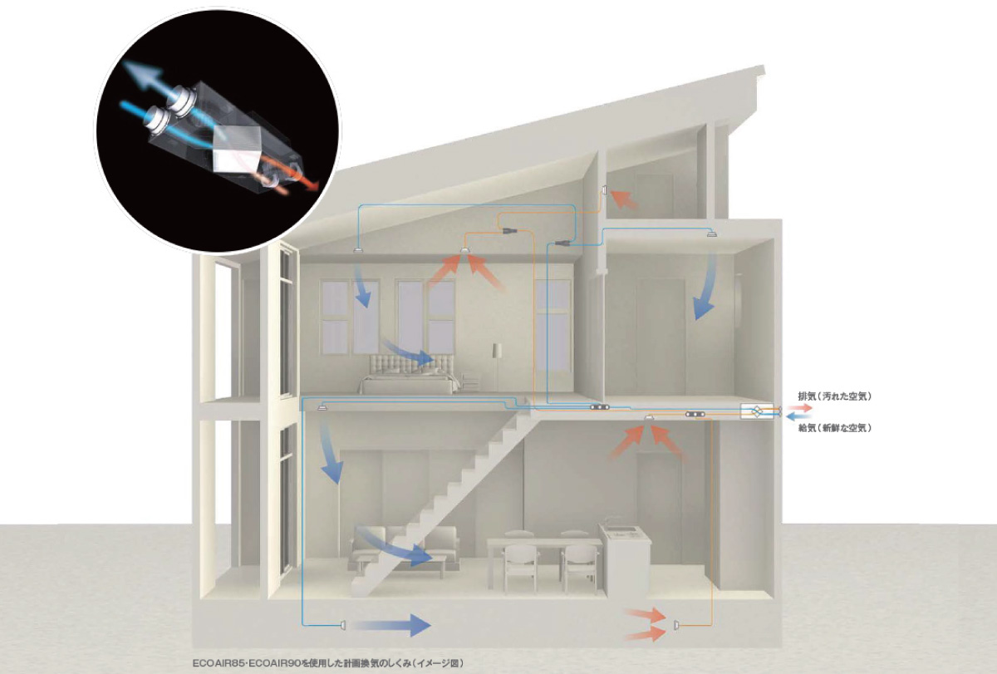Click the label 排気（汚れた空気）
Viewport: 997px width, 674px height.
click(x=834, y=396)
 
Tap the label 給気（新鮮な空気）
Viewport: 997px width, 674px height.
click(x=834, y=428)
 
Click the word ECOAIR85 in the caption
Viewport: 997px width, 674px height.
click(x=218, y=663)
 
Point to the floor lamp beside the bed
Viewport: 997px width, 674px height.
click(x=498, y=365)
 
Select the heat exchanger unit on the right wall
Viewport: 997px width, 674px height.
click(x=756, y=411)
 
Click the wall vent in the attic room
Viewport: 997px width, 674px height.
click(x=604, y=190)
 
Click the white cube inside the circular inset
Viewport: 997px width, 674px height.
click(x=235, y=149)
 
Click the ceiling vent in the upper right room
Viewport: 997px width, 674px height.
click(x=712, y=233)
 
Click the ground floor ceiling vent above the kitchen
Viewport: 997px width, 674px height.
click(x=650, y=417)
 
